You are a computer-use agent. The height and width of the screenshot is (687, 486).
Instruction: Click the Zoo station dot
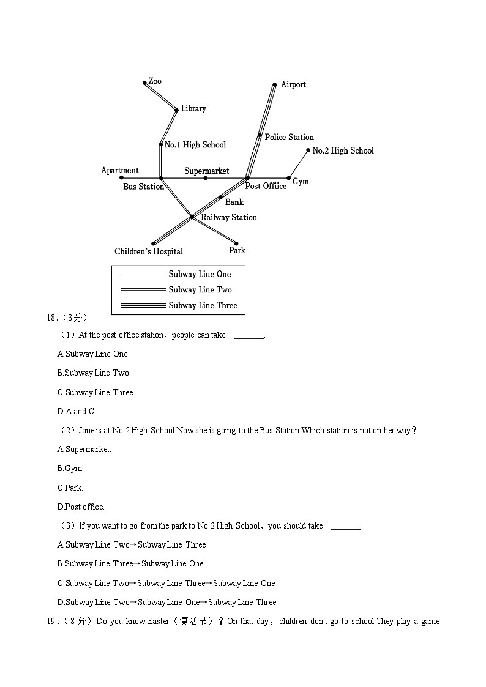(145, 83)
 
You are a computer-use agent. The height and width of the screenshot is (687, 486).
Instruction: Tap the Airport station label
(293, 85)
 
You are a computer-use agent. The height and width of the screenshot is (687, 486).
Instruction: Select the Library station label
(193, 109)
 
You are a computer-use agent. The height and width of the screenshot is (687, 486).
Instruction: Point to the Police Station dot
(260, 136)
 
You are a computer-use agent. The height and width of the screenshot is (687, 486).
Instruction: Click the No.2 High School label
(343, 151)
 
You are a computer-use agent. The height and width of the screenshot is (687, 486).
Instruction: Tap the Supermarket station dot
(206, 178)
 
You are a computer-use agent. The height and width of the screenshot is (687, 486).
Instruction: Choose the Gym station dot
(289, 179)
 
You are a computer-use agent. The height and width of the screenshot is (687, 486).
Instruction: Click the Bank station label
(234, 202)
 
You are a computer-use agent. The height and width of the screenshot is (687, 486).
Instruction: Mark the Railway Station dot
(192, 217)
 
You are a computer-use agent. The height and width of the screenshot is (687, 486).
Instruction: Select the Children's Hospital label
(149, 251)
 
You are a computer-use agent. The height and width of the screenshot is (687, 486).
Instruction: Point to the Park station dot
(236, 243)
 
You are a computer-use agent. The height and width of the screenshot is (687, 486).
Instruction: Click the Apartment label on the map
(120, 171)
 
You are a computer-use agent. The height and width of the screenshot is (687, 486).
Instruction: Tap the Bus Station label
(143, 187)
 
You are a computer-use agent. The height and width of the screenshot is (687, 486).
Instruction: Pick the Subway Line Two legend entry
(200, 290)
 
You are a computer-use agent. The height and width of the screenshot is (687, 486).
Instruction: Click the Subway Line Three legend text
(203, 306)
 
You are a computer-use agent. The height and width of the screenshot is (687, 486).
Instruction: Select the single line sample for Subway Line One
(143, 275)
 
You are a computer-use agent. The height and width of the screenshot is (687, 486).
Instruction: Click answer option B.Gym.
(70, 469)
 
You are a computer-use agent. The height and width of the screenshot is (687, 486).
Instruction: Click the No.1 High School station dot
(160, 145)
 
